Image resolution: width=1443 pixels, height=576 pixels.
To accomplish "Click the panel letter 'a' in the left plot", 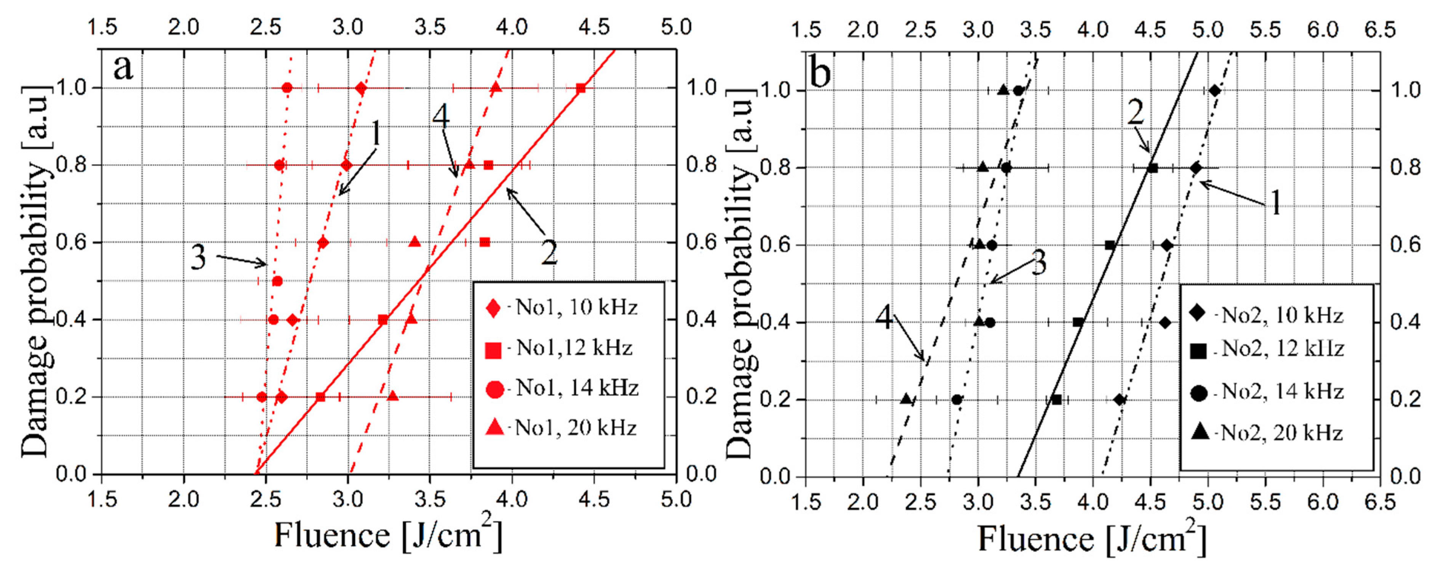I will point(123,68).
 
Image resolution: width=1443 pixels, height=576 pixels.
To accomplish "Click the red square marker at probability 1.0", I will point(581,88).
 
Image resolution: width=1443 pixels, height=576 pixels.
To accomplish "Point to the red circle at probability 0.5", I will point(277,281).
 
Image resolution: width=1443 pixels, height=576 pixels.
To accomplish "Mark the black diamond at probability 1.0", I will point(1214,90).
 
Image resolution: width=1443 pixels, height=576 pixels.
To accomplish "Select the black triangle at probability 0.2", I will point(906,400).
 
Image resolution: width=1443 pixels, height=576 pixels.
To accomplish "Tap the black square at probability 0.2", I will point(1056,400).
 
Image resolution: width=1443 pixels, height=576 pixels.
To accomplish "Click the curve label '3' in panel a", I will point(198,258).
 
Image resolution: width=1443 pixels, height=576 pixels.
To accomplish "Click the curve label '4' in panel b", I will point(883,317).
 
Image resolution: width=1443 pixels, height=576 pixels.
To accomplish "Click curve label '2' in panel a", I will point(549,253).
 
